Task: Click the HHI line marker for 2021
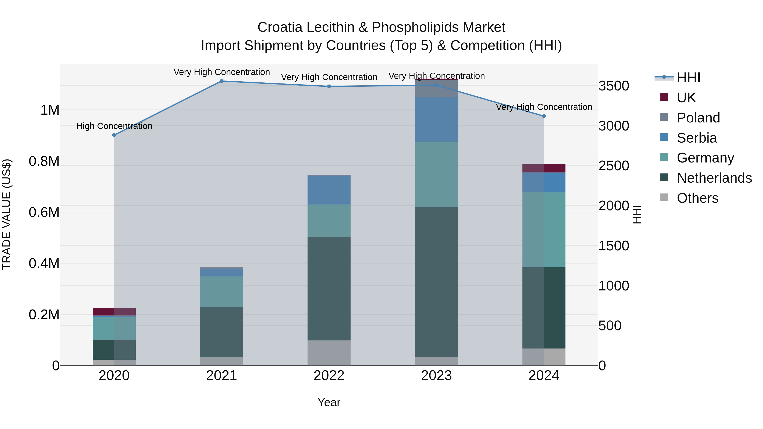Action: pyautogui.click(x=221, y=81)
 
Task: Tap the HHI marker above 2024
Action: pyautogui.click(x=544, y=116)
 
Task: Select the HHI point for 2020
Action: pyautogui.click(x=114, y=135)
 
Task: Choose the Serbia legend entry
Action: pyautogui.click(x=696, y=138)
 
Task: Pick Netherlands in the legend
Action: pyautogui.click(x=714, y=178)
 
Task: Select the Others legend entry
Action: pyautogui.click(x=697, y=198)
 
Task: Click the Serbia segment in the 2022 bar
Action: pyautogui.click(x=329, y=190)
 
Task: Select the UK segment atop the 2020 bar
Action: pyautogui.click(x=114, y=312)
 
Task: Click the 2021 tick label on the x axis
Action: pyautogui.click(x=221, y=376)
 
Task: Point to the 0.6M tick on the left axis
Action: pyautogui.click(x=44, y=212)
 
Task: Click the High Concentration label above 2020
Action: pyautogui.click(x=114, y=126)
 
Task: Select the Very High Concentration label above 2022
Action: pyautogui.click(x=329, y=77)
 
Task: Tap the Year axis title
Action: pyautogui.click(x=329, y=402)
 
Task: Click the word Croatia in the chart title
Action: pyautogui.click(x=280, y=27)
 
